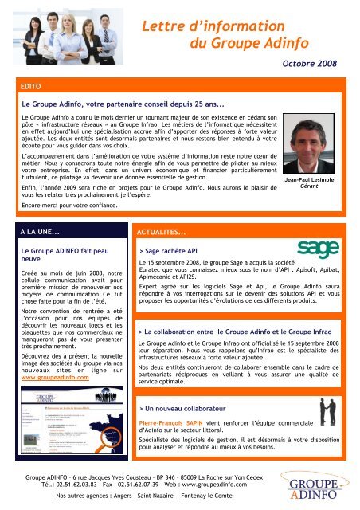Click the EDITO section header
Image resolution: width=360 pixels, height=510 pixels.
tap(34, 82)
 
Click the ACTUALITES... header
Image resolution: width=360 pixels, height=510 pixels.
tap(166, 232)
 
